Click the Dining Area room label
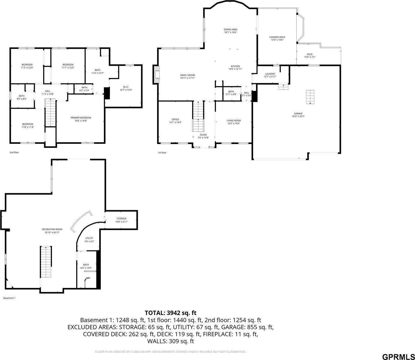click(x=230, y=29)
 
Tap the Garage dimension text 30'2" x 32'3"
click(x=298, y=116)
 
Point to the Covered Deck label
click(x=277, y=37)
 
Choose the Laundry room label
click(x=270, y=74)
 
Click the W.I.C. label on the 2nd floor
click(x=126, y=87)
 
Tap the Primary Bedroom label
click(x=81, y=118)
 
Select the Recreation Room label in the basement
click(x=52, y=229)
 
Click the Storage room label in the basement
click(x=121, y=219)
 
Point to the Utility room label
click(x=89, y=238)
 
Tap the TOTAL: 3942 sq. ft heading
click(x=171, y=313)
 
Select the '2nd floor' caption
click(x=14, y=153)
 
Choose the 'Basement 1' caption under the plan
click(x=9, y=298)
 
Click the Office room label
click(x=175, y=119)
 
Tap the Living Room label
click(x=233, y=121)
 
